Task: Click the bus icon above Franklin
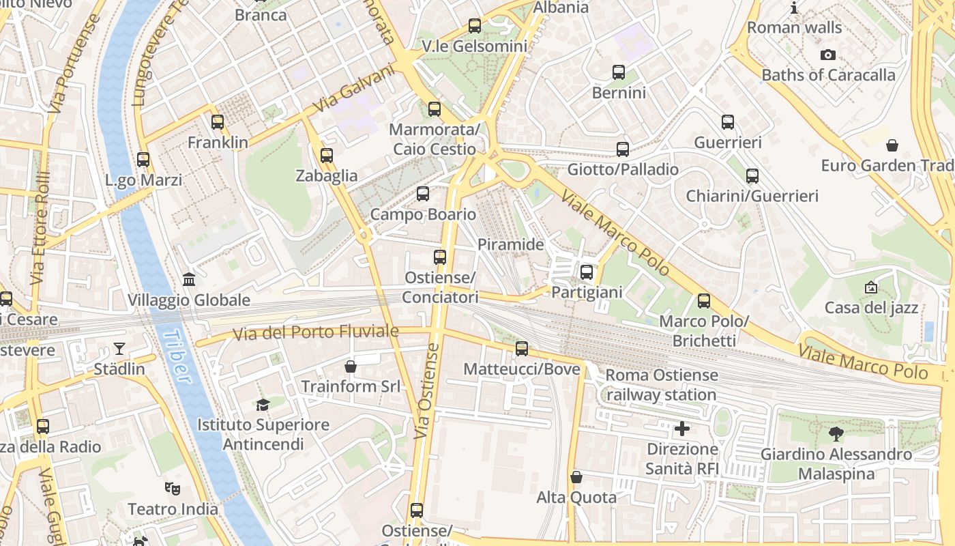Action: coord(218,122)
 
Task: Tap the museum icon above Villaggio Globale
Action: coord(189,280)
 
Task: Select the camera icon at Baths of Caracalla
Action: coord(828,55)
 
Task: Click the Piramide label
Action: coord(511,244)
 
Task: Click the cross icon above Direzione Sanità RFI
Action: coord(682,429)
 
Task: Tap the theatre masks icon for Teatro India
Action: coord(173,489)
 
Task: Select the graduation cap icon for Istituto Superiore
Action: coord(263,405)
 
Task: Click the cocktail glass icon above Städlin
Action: coord(119,349)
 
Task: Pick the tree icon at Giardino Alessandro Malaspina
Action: coord(836,433)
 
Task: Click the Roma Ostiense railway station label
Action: coord(662,385)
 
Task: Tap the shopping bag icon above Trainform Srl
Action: coord(351,367)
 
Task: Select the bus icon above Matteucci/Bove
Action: coord(522,349)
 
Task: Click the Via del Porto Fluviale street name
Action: coord(315,332)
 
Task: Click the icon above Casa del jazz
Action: coord(871,287)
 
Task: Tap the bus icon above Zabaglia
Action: coord(327,156)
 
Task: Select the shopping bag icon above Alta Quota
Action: coord(576,477)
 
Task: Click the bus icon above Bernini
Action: coord(619,72)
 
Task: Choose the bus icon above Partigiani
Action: coord(587,272)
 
